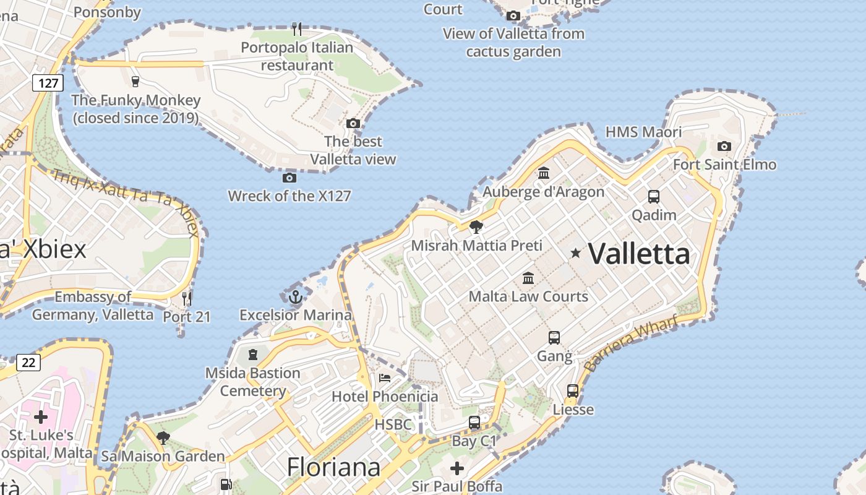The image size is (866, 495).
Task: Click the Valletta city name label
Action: (638, 254)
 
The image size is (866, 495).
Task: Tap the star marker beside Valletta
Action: (576, 252)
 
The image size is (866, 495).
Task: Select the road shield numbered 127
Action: (48, 83)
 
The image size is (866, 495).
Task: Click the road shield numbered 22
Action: (28, 363)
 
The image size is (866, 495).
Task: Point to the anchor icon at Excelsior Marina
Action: (295, 297)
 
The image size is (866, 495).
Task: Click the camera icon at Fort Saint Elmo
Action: (724, 147)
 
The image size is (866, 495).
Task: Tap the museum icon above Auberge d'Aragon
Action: (544, 173)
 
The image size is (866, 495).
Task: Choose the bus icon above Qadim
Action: (654, 197)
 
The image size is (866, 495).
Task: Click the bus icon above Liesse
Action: (573, 391)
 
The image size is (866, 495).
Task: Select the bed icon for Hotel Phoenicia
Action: (385, 377)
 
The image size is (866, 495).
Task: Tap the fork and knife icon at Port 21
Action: (187, 299)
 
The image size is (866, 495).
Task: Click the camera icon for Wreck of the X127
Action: (289, 178)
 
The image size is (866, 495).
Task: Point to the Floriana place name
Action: (333, 467)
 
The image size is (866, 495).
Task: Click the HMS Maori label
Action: (643, 132)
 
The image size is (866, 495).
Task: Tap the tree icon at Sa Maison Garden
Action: (163, 438)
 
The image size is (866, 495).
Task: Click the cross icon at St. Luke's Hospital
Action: (41, 417)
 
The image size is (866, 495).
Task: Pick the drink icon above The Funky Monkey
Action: (135, 81)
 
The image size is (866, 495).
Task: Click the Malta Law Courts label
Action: (528, 296)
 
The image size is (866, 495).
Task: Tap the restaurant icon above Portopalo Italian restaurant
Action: (297, 28)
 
